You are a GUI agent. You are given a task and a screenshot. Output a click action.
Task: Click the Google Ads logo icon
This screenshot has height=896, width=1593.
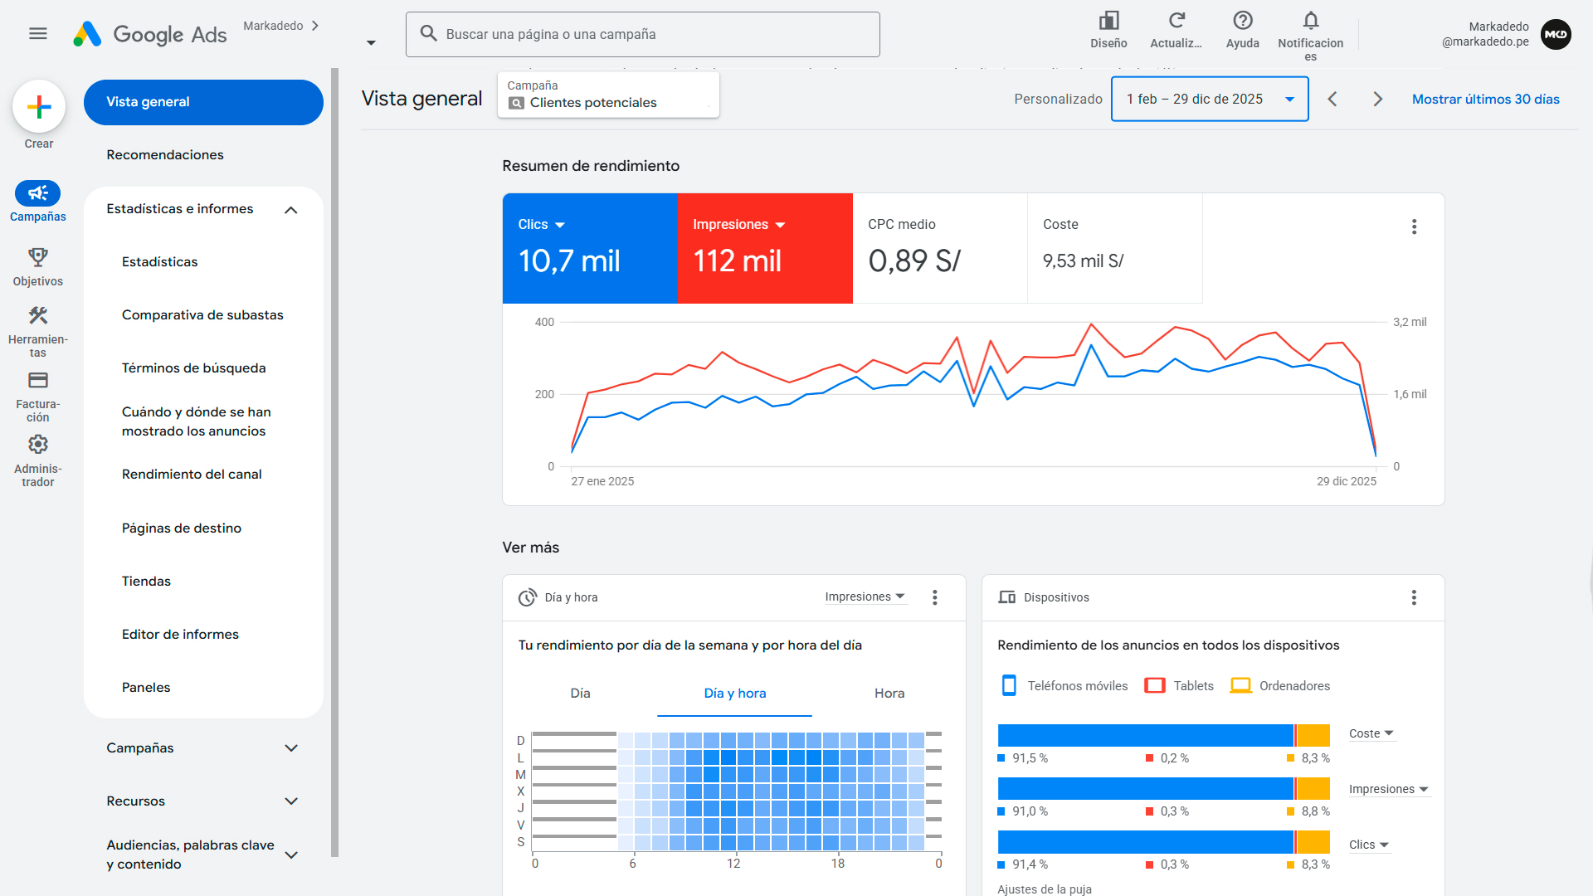click(87, 34)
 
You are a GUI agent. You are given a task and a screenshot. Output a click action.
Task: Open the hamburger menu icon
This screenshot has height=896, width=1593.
click(38, 34)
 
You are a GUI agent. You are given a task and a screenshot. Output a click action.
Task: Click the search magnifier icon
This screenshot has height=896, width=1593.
click(428, 33)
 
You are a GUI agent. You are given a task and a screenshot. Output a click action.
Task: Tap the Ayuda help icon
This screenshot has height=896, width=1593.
click(1242, 21)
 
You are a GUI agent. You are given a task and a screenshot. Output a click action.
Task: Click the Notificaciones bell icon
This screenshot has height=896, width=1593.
click(1310, 21)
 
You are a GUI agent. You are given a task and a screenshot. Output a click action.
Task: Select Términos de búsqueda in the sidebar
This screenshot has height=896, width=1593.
click(193, 368)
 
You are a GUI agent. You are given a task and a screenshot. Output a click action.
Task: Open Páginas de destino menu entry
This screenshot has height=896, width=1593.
click(181, 528)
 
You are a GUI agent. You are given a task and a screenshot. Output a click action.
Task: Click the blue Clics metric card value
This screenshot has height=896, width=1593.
click(569, 261)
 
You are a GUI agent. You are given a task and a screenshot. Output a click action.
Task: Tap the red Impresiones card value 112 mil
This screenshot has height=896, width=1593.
click(737, 261)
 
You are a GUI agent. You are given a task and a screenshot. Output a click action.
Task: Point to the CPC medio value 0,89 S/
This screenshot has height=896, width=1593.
click(914, 261)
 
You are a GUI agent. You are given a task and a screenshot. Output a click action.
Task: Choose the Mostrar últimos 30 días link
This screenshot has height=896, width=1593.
click(1485, 99)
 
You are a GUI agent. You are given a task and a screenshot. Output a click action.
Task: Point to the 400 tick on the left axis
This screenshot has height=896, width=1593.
click(544, 322)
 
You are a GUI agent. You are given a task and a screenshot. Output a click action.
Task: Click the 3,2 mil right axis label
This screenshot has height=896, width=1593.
click(1410, 322)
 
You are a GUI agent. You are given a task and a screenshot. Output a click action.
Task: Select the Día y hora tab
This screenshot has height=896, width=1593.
click(734, 694)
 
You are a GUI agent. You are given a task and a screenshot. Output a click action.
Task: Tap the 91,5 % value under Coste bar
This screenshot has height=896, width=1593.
click(1030, 758)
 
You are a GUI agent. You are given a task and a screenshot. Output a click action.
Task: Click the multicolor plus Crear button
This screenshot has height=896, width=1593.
click(39, 107)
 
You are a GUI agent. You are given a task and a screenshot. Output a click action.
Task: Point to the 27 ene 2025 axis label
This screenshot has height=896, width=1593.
click(602, 481)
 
